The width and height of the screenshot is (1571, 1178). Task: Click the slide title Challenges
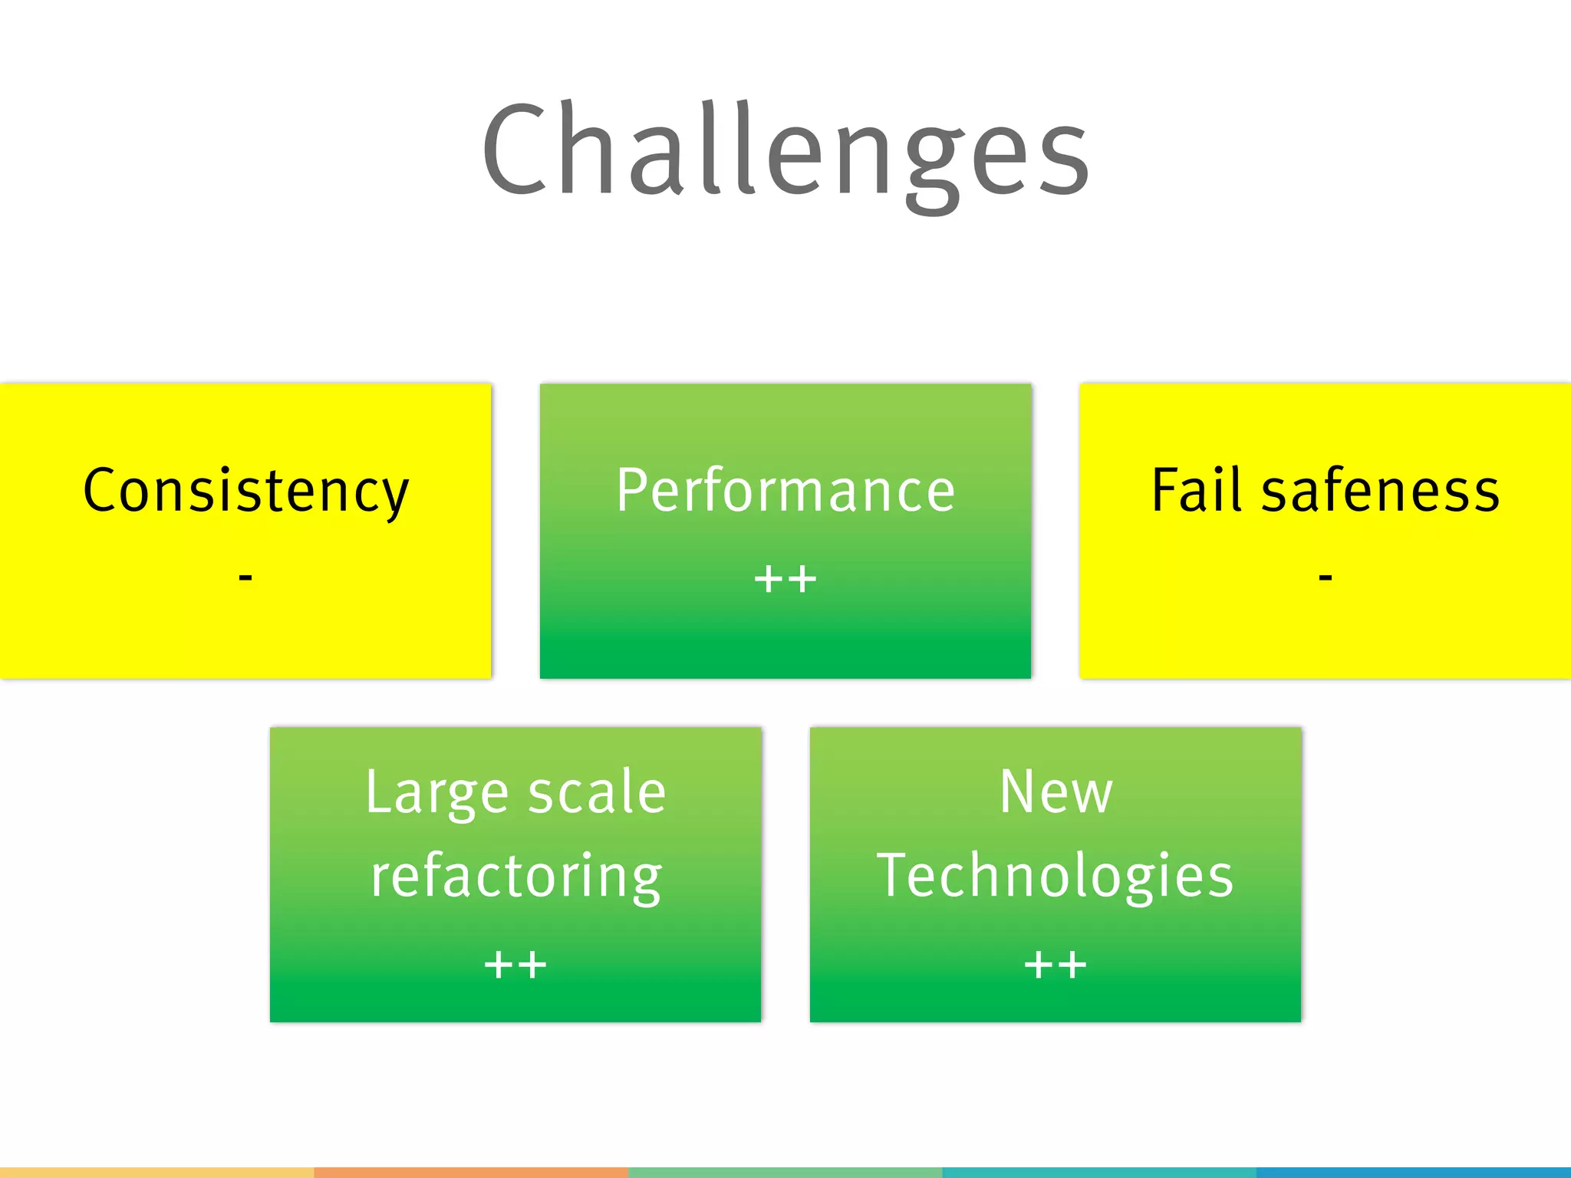point(785,150)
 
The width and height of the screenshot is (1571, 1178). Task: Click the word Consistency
point(245,491)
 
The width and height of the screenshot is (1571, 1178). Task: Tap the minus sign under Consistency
point(245,576)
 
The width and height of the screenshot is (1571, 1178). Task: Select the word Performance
point(785,491)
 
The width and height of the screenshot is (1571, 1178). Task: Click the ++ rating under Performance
point(785,578)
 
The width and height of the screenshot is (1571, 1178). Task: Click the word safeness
point(1380,491)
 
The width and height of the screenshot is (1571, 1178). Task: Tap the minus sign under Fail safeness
point(1326,576)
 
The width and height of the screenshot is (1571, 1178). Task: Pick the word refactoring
point(515,877)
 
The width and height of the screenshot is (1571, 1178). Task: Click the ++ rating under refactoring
point(515,965)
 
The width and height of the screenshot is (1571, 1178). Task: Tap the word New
point(1056,792)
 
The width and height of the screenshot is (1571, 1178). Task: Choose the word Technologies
point(1056,877)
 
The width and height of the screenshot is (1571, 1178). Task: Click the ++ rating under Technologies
point(1056,965)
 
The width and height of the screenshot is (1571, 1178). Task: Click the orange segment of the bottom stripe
point(471,1173)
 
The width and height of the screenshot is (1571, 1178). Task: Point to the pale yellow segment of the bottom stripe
point(156,1173)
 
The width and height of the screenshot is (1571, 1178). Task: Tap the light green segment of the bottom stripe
point(785,1173)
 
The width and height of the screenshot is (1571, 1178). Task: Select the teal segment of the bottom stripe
point(1099,1173)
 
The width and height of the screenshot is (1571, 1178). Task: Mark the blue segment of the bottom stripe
point(1414,1173)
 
